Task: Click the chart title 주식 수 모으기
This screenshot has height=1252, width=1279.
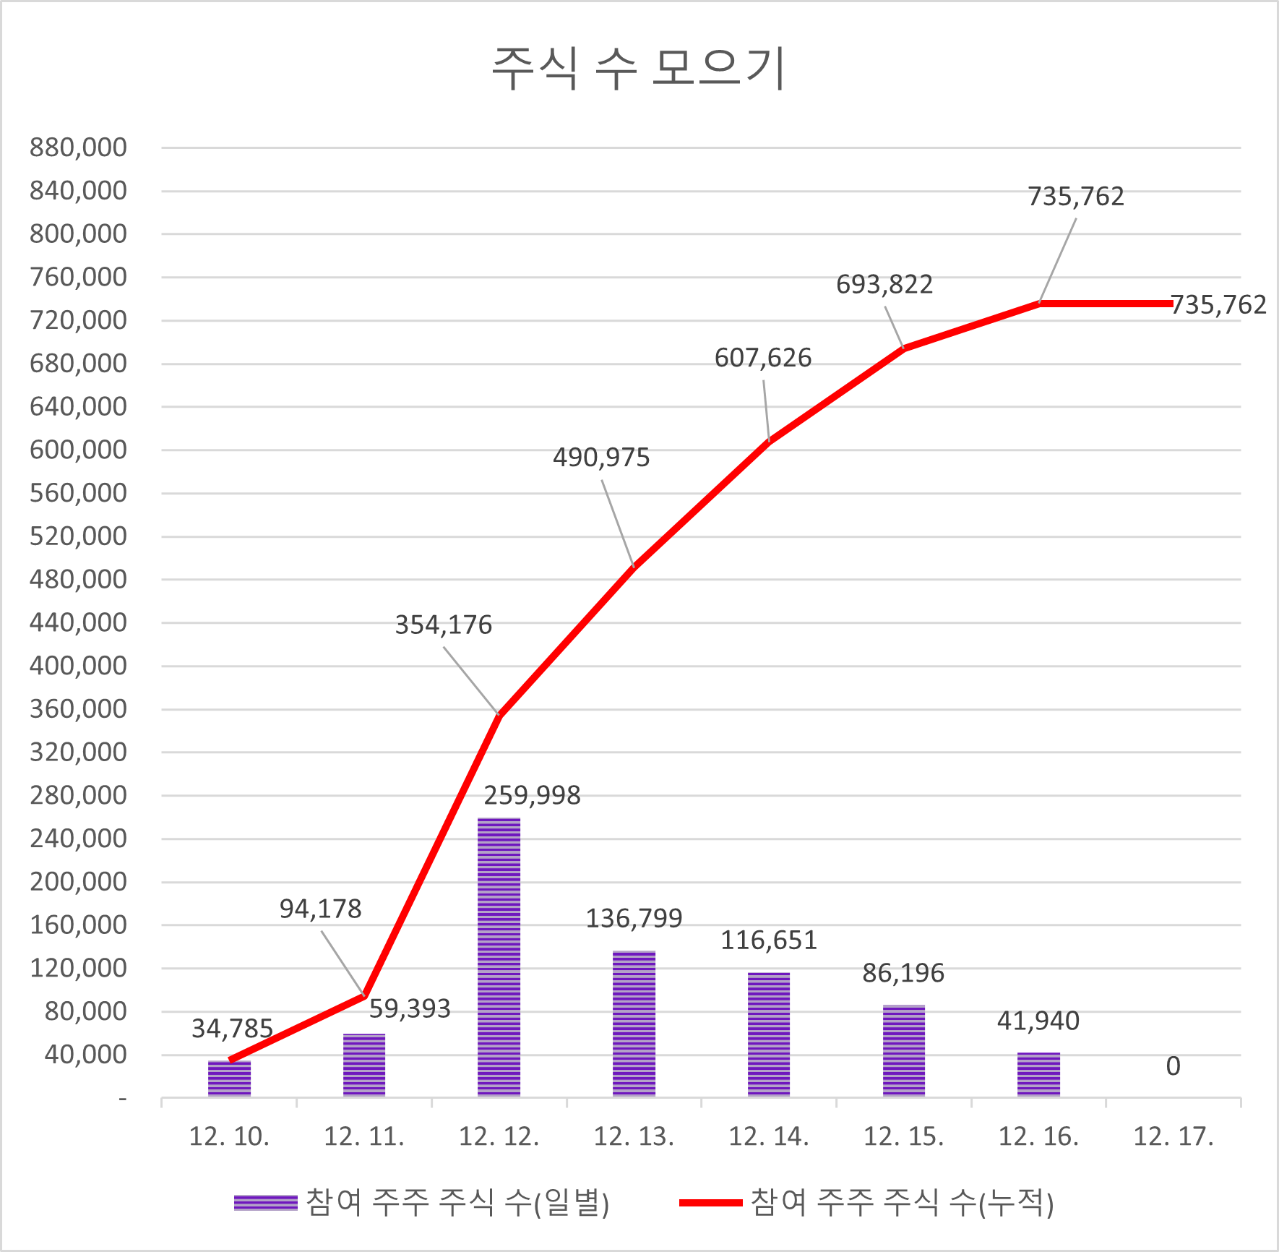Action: click(x=639, y=69)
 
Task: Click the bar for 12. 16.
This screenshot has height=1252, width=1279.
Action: click(x=1038, y=1075)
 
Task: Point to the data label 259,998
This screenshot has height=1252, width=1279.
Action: click(x=532, y=796)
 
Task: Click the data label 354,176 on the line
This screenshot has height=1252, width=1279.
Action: click(x=443, y=625)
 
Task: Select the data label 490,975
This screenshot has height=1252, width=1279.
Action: click(x=601, y=458)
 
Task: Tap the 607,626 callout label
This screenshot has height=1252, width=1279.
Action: click(x=763, y=358)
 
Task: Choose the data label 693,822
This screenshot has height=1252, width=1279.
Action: click(x=884, y=285)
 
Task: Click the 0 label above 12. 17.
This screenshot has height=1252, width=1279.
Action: click(x=1173, y=1066)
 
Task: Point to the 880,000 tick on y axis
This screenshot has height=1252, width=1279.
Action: click(x=78, y=147)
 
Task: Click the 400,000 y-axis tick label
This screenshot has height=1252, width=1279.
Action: click(x=78, y=666)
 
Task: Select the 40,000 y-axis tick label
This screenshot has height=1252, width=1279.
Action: click(x=85, y=1055)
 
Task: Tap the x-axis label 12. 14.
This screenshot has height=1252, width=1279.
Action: click(x=768, y=1137)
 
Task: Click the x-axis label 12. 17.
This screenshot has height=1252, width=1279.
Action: click(x=1173, y=1137)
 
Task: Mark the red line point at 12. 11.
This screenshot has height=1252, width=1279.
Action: click(x=364, y=995)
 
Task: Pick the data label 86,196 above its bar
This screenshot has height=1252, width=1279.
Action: click(x=903, y=974)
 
